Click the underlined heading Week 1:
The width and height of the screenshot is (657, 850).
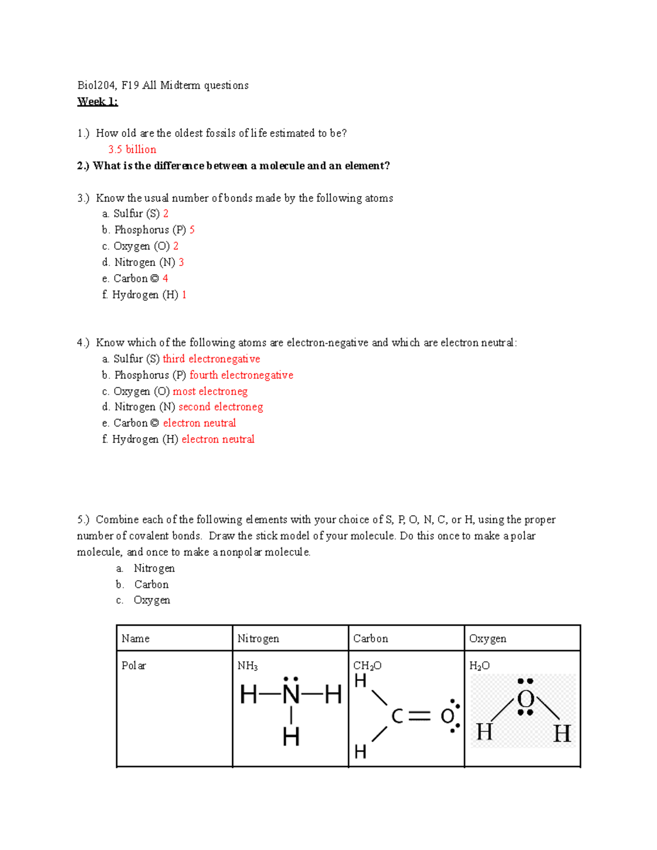tap(97, 101)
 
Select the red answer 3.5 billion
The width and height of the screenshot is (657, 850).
tap(132, 149)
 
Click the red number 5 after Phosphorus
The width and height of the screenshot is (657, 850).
tap(192, 230)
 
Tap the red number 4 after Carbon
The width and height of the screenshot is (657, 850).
tap(165, 279)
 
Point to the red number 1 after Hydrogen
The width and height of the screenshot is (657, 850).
tap(185, 295)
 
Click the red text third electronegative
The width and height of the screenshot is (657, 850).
tap(211, 359)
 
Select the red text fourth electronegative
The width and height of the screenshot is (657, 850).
tap(241, 375)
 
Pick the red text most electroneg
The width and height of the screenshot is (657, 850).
tap(210, 391)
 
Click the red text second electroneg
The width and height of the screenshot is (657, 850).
tap(221, 407)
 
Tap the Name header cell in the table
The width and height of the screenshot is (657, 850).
tap(136, 639)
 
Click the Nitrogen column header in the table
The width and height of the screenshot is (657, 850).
tap(258, 639)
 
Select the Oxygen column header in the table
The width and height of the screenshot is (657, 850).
tap(488, 639)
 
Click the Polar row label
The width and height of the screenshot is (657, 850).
tap(134, 666)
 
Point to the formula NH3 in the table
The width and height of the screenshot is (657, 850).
tap(247, 666)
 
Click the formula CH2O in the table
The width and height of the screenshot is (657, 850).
tap(367, 666)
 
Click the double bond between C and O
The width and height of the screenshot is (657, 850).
tap(420, 716)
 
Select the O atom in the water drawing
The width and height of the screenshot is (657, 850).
tap(526, 699)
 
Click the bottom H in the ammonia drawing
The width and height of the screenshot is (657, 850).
tap(291, 737)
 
